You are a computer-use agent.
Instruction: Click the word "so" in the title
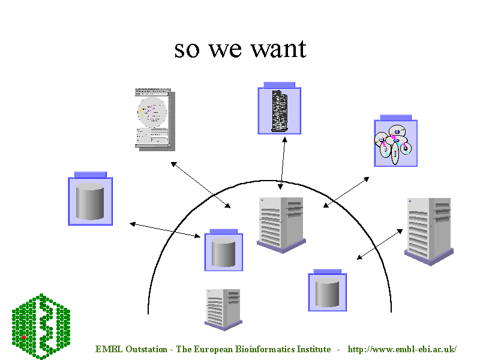coord(187,49)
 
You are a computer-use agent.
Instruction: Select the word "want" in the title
coord(279,49)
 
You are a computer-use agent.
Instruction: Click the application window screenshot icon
coord(152,118)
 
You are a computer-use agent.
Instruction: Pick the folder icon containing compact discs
coord(395,142)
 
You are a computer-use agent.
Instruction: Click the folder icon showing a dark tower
coord(279,109)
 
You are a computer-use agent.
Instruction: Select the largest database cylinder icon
coord(90,200)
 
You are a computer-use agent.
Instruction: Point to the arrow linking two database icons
coord(165,230)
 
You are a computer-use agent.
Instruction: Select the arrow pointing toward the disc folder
coord(346,193)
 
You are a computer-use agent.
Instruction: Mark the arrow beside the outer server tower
coord(380,244)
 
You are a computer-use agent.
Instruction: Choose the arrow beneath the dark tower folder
coord(281,163)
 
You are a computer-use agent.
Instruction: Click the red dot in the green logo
coord(24,338)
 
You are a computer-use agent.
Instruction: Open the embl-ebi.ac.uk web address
coord(403,349)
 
